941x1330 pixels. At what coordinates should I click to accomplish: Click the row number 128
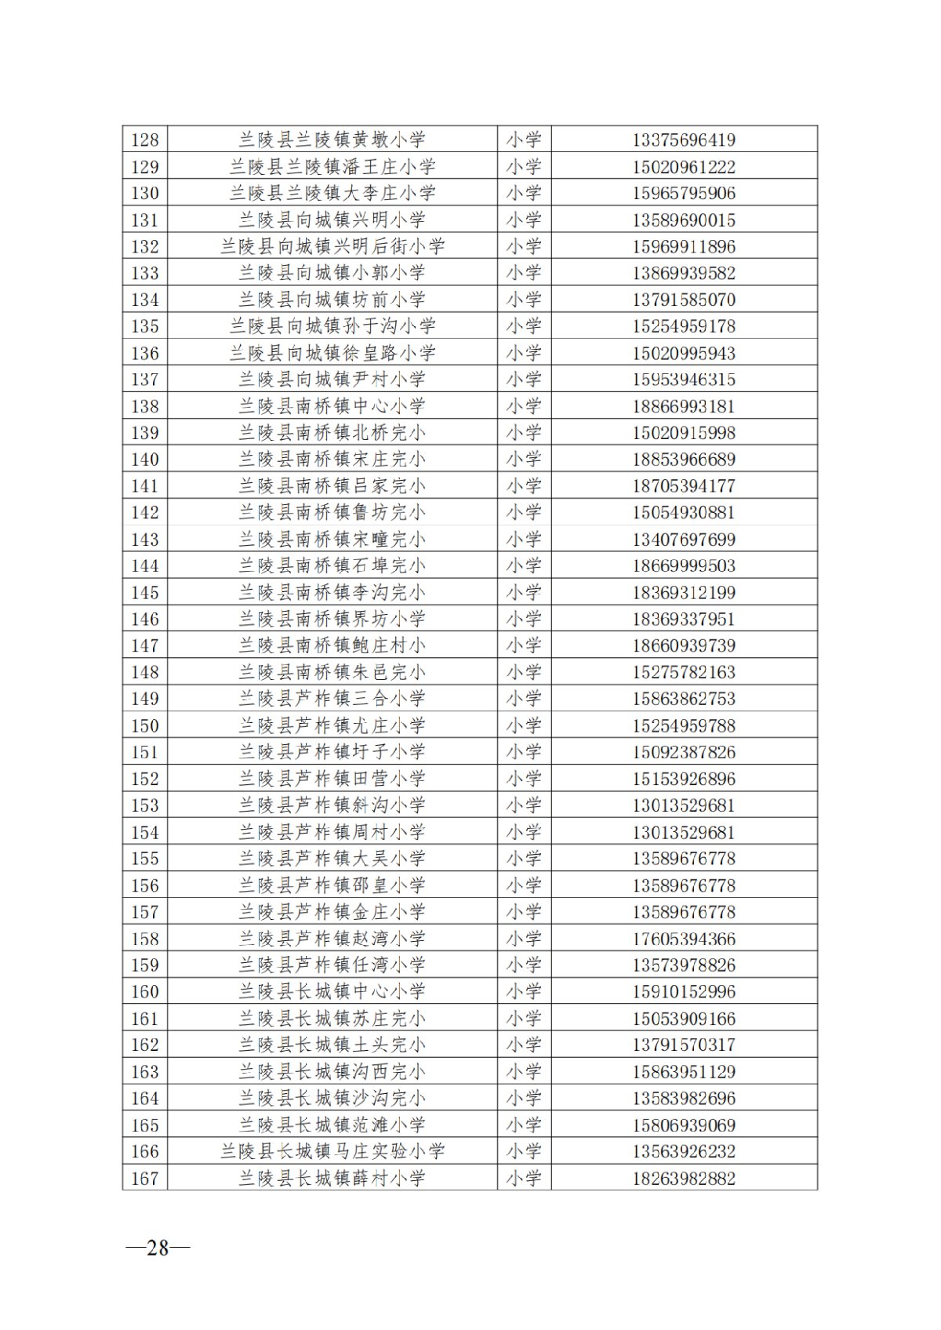click(145, 140)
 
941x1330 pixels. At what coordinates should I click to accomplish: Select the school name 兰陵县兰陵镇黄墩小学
click(332, 140)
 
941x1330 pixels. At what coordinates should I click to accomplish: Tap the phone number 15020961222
click(684, 167)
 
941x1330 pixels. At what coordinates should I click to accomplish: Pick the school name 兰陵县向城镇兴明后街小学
click(332, 247)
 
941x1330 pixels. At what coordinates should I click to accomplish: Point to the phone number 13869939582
click(684, 274)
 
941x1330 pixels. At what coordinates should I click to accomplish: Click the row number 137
click(145, 380)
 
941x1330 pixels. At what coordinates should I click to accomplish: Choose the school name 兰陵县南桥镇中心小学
click(332, 406)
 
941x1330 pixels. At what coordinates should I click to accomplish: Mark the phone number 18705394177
click(684, 486)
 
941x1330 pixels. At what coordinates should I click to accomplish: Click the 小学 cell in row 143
click(524, 540)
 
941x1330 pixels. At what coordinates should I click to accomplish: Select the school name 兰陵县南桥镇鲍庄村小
click(332, 645)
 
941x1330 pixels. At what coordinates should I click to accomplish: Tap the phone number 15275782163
click(684, 672)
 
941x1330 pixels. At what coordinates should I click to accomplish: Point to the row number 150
click(145, 725)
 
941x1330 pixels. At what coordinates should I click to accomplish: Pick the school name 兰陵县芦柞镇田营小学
click(332, 779)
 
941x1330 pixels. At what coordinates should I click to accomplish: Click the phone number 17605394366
click(684, 939)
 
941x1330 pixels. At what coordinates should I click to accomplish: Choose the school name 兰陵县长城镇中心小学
click(332, 991)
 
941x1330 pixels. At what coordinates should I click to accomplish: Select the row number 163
click(145, 1071)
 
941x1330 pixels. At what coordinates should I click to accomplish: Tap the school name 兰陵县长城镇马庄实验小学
click(332, 1151)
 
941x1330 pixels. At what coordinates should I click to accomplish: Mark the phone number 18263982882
click(684, 1178)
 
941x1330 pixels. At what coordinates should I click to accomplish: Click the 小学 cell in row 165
click(524, 1125)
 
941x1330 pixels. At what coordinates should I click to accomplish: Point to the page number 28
click(158, 1248)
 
